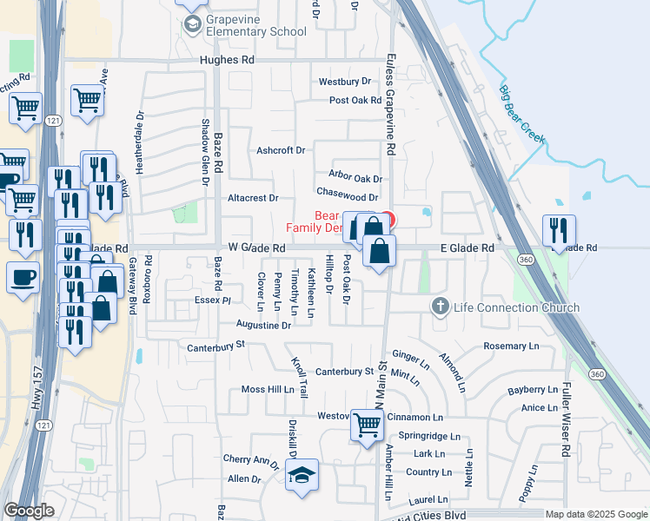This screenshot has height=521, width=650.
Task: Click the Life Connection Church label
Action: (x=516, y=307)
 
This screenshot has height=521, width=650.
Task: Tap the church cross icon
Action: (x=441, y=307)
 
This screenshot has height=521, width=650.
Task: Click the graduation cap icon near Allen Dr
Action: (x=302, y=475)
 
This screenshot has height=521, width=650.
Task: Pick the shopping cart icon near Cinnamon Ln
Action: (x=368, y=425)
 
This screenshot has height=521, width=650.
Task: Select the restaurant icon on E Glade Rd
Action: (x=558, y=229)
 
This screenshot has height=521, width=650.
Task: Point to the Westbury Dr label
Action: (x=344, y=82)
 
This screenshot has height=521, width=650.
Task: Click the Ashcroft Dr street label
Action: (x=281, y=150)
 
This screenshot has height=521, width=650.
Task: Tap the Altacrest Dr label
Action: (x=252, y=198)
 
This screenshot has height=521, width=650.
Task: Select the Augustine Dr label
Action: (x=263, y=325)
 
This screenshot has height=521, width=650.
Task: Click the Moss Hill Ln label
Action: (x=268, y=389)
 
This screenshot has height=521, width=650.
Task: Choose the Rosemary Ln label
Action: (x=511, y=346)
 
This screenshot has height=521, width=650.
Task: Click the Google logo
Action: (x=29, y=511)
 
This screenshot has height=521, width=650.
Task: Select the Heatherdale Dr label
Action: (x=139, y=139)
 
